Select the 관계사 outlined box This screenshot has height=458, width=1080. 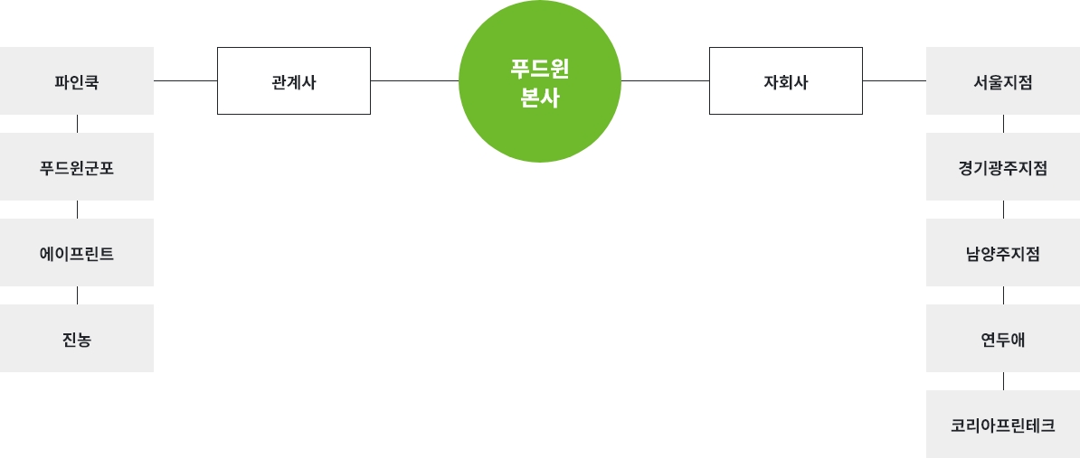[294, 81]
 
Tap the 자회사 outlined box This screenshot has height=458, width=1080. [786, 81]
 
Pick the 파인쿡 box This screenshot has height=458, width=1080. [77, 81]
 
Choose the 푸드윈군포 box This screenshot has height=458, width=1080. [77, 167]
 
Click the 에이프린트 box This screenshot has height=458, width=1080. [77, 253]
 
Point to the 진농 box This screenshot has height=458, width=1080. [77, 339]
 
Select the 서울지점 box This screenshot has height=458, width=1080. [1003, 81]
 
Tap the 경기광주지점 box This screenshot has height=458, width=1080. [1003, 167]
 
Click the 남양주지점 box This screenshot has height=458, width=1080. [1003, 253]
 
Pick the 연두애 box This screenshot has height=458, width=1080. [1003, 339]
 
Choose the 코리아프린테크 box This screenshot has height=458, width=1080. [1003, 425]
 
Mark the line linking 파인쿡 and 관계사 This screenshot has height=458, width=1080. [185, 80]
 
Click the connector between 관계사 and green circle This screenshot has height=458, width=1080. [414, 80]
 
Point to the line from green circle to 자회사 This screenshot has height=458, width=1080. [665, 80]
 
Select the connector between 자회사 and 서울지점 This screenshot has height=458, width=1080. [895, 80]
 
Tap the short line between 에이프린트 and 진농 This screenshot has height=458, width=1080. [77, 295]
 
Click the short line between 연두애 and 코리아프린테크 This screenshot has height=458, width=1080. [1003, 381]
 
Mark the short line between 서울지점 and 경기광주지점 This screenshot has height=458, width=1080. [1003, 124]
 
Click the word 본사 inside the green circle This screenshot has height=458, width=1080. [540, 98]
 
